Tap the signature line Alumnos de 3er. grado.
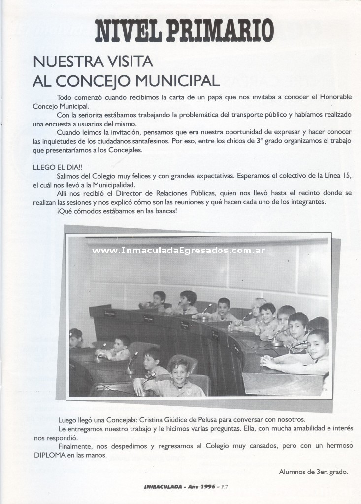314,472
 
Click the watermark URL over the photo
179,250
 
